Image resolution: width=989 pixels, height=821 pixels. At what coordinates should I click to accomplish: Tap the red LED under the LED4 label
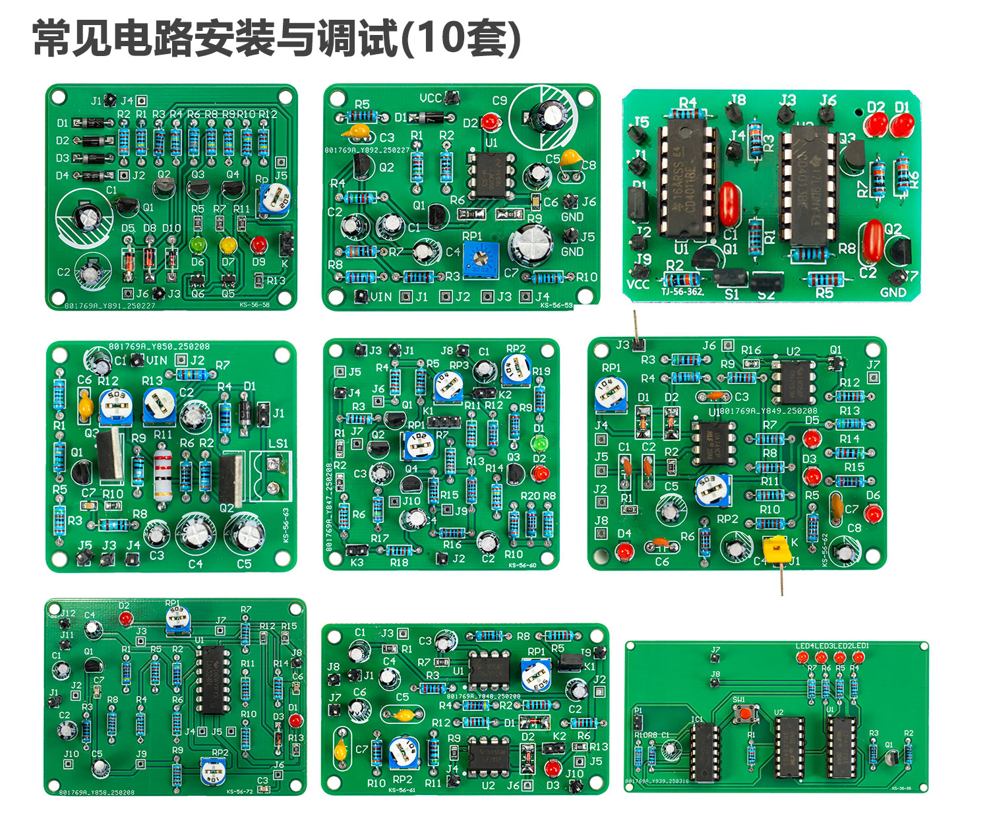803,657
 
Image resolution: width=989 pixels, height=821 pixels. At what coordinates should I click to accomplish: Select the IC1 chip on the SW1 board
704,750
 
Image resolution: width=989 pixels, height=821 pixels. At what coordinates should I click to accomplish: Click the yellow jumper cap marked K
775,548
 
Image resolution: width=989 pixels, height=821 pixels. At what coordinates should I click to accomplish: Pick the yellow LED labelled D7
228,245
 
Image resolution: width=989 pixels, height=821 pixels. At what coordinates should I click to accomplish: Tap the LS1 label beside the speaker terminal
278,443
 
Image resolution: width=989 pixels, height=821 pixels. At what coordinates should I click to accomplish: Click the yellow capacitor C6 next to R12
85,404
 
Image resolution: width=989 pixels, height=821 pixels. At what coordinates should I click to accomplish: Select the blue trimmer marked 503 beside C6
116,407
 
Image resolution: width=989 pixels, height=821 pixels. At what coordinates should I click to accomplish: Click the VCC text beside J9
638,284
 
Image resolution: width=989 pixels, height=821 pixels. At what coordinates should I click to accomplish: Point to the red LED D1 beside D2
902,125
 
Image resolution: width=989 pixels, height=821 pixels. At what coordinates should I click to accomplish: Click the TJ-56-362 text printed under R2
682,291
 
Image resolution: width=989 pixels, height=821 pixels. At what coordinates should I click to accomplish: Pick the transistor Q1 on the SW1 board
891,757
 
